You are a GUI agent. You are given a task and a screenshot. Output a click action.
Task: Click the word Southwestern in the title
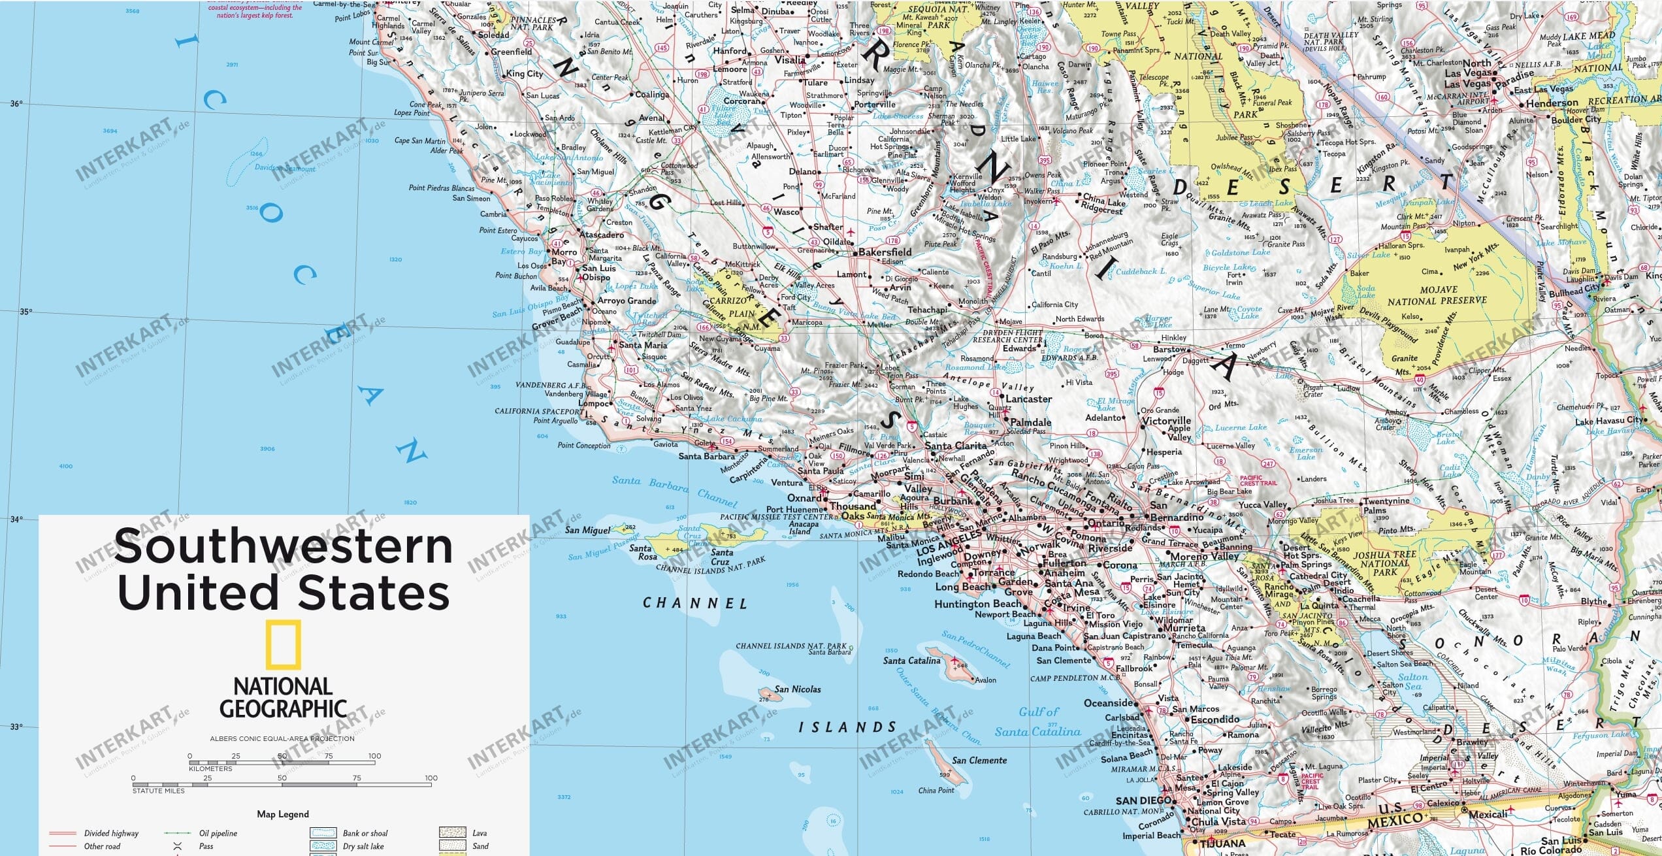pos(284,546)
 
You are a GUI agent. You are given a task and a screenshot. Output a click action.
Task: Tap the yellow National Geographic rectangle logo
pos(284,645)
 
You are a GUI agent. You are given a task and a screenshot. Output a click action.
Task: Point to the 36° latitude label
pos(16,103)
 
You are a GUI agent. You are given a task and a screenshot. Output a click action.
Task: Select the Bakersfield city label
pos(885,252)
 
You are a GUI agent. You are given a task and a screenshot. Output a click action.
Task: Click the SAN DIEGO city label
pos(1143,800)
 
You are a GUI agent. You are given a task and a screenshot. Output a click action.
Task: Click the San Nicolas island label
pos(798,689)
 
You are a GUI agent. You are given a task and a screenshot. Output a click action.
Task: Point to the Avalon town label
pos(986,680)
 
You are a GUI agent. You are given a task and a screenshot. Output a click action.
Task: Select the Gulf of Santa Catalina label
pos(1039,722)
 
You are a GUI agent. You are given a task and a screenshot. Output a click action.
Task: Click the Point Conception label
pos(584,446)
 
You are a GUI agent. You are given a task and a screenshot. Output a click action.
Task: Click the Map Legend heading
pos(283,814)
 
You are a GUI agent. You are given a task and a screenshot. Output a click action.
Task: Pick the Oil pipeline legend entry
pos(218,833)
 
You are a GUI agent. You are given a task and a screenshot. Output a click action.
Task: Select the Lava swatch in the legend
pos(452,832)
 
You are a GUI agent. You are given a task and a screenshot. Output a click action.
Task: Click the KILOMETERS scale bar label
pos(210,768)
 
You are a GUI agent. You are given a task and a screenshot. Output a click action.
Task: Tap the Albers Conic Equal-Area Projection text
pos(282,738)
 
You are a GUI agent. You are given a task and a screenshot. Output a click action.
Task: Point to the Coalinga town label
pos(652,95)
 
